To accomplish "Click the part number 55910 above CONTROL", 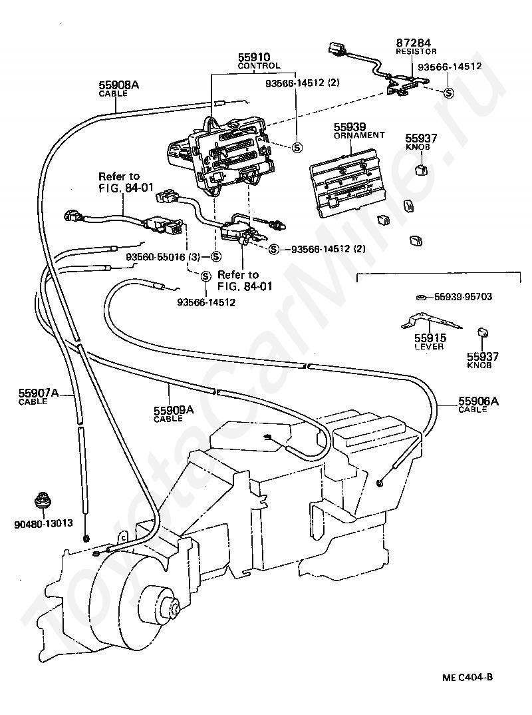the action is point(254,57).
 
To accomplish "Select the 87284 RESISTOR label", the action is point(416,47).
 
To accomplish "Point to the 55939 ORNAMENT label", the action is point(359,130).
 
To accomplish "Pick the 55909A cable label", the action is point(174,414).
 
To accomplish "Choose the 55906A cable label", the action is point(478,405).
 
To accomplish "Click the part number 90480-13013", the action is point(43,523).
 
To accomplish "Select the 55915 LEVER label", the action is point(430,342).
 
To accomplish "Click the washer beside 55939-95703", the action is point(422,298).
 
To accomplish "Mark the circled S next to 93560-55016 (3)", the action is point(216,257).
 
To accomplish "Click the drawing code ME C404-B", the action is point(467,677).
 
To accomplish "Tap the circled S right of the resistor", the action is point(449,93).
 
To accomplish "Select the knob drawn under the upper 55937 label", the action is point(422,170).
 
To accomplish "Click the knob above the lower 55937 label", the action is point(482,332).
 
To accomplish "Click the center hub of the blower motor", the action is point(174,607).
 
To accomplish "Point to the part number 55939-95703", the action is point(463,297).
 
